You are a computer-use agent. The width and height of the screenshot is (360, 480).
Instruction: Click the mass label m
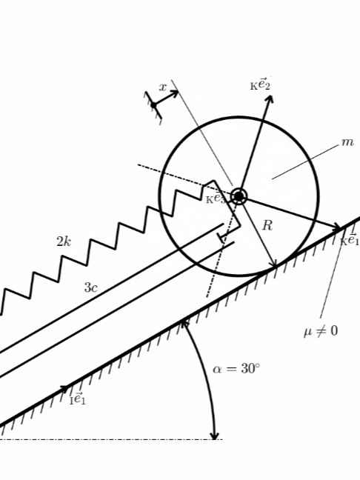click(x=347, y=142)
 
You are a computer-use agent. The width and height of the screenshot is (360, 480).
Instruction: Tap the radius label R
click(x=267, y=226)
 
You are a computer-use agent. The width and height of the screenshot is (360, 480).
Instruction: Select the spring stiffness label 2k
click(x=64, y=241)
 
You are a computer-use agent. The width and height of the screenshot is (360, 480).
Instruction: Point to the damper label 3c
click(x=91, y=287)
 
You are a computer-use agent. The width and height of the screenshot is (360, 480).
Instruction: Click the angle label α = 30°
click(x=236, y=369)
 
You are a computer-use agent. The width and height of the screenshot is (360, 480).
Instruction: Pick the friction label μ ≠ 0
click(x=321, y=331)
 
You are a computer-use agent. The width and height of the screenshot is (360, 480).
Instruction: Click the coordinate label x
click(x=163, y=87)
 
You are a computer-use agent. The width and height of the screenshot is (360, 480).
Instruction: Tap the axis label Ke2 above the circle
click(x=260, y=84)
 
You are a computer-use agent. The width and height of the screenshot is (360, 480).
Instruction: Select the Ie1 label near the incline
click(x=78, y=399)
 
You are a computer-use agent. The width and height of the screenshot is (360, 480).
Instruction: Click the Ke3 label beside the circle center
click(x=216, y=199)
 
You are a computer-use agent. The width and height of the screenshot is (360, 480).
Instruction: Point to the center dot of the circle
click(x=239, y=196)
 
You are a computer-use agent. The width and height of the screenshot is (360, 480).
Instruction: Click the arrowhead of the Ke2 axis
click(x=269, y=99)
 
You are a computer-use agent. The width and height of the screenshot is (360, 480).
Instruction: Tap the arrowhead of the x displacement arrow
click(x=175, y=93)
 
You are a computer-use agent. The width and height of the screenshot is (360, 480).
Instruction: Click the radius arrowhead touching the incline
click(x=274, y=264)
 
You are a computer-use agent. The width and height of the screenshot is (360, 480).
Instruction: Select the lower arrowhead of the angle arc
click(x=215, y=436)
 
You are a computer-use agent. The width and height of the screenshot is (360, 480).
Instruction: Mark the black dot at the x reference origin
click(x=153, y=105)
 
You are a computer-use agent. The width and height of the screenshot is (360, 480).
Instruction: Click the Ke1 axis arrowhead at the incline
click(x=337, y=227)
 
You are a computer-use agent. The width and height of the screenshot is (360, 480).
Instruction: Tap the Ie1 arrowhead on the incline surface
click(x=64, y=389)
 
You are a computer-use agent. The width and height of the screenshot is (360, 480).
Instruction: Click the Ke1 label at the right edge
click(x=350, y=240)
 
